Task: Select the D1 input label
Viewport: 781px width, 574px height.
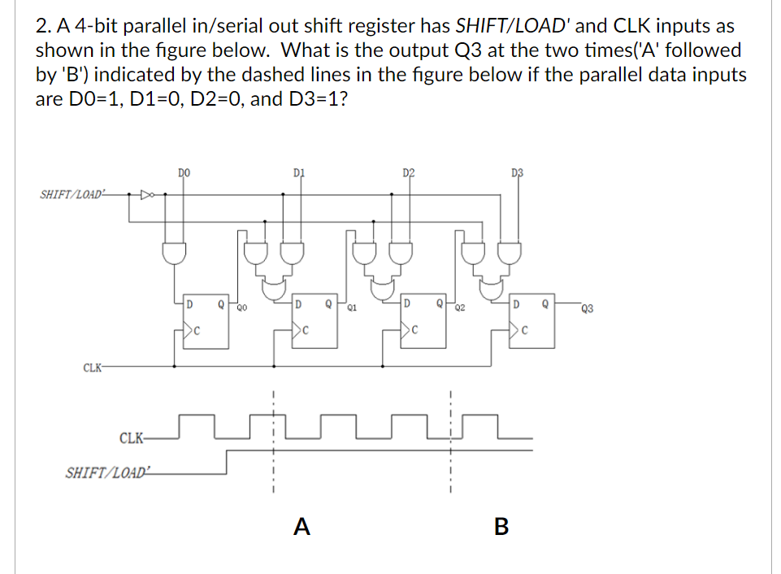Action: coord(297,172)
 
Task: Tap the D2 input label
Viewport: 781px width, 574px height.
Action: coord(408,172)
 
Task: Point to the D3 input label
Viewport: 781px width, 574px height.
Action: coord(518,172)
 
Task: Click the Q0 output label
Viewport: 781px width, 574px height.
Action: coord(241,308)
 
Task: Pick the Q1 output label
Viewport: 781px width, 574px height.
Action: coord(351,308)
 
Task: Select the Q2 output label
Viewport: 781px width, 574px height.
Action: coord(460,308)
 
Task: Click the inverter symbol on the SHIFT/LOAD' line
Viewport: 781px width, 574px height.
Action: coord(147,195)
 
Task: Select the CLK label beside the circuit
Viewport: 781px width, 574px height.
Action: coord(93,367)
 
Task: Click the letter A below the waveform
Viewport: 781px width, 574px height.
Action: coord(302,528)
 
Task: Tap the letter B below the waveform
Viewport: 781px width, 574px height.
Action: coord(501,528)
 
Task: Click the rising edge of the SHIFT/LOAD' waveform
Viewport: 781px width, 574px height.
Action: coord(226,462)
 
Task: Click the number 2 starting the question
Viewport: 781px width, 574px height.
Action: coord(42,26)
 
